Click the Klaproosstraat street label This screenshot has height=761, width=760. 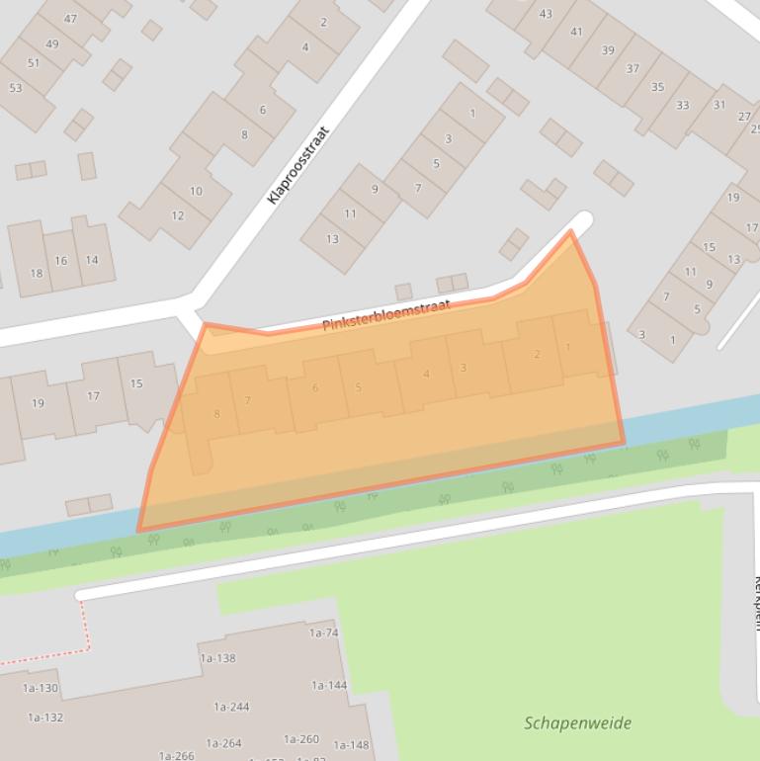click(x=297, y=164)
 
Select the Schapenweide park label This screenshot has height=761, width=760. click(x=577, y=722)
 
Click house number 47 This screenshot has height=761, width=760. click(x=70, y=19)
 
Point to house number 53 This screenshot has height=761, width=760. click(x=15, y=88)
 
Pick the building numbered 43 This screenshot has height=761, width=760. click(x=546, y=14)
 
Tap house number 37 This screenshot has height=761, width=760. click(x=633, y=69)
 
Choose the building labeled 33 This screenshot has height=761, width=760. click(x=683, y=106)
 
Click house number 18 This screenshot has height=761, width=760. click(x=37, y=274)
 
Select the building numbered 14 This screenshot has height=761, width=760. click(x=92, y=260)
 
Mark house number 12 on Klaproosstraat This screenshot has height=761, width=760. click(x=177, y=215)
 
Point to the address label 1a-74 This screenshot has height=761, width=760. click(x=324, y=633)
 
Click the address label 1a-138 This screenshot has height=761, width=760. click(x=217, y=658)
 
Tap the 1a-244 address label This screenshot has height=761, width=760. click(x=231, y=707)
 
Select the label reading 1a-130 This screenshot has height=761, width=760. click(x=42, y=688)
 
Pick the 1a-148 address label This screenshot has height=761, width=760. click(x=351, y=745)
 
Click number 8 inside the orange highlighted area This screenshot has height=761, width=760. click(x=217, y=414)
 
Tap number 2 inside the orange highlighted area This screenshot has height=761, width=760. click(x=537, y=355)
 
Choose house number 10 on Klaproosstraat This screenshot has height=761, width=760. click(x=196, y=191)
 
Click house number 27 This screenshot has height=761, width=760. click(x=744, y=116)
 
